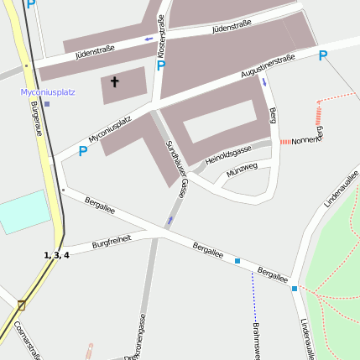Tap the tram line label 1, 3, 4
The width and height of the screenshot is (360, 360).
(56, 254)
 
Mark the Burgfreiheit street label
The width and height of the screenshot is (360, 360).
(112, 242)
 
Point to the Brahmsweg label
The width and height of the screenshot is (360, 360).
(257, 340)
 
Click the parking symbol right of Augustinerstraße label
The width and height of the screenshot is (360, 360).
(322, 56)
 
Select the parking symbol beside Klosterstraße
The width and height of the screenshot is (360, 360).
(161, 65)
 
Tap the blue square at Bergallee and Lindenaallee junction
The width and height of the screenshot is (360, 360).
(295, 288)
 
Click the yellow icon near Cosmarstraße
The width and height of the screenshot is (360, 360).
(21, 305)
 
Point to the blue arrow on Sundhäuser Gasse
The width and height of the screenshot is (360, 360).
(170, 221)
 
